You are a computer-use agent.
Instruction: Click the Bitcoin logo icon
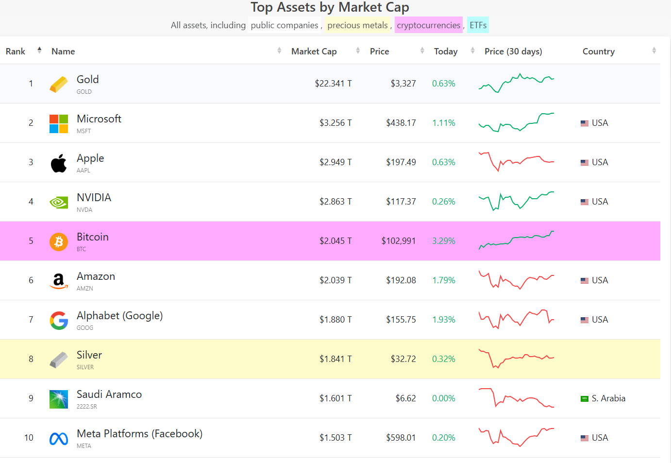pos(59,241)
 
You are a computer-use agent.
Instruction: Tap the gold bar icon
pos(59,84)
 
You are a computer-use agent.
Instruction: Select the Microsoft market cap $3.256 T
pos(335,123)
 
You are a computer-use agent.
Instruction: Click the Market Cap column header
pos(314,51)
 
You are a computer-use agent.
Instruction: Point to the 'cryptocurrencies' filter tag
pos(429,25)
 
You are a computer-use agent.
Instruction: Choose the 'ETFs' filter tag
pos(478,25)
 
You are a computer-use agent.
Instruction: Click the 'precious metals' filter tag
pos(357,25)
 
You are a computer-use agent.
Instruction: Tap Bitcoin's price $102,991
pos(398,241)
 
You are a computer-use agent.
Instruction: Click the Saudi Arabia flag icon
pos(585,399)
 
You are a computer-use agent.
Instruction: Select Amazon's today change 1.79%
pos(444,280)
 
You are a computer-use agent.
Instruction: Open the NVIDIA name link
pos(94,198)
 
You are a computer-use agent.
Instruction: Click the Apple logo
pos(59,163)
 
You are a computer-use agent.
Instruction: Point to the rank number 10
pos(29,438)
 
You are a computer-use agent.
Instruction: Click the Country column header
pos(598,51)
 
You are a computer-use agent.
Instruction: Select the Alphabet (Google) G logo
pos(59,320)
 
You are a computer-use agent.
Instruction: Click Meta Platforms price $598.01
pos(401,438)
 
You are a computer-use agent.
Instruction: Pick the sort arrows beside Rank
pos(39,50)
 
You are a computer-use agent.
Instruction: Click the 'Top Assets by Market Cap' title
pos(330,7)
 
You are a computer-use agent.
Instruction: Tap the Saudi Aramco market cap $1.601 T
pos(335,398)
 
